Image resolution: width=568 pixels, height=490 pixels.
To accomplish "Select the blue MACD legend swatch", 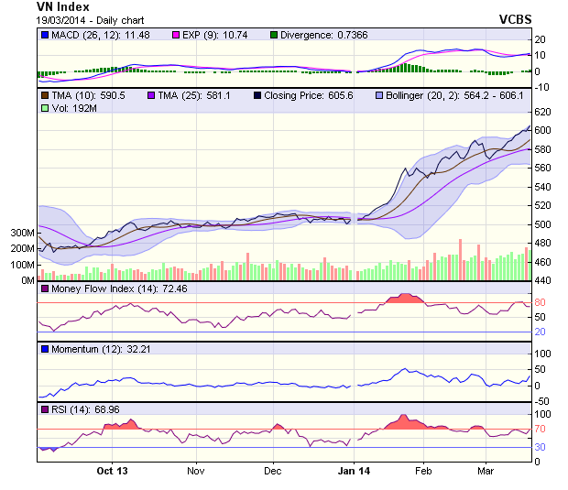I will point(43,35).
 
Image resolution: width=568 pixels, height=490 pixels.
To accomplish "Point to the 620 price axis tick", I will point(542,111).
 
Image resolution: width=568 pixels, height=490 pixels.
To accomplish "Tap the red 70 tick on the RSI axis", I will point(541,428).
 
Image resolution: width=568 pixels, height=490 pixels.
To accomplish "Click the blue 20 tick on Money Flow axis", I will point(541,332).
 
